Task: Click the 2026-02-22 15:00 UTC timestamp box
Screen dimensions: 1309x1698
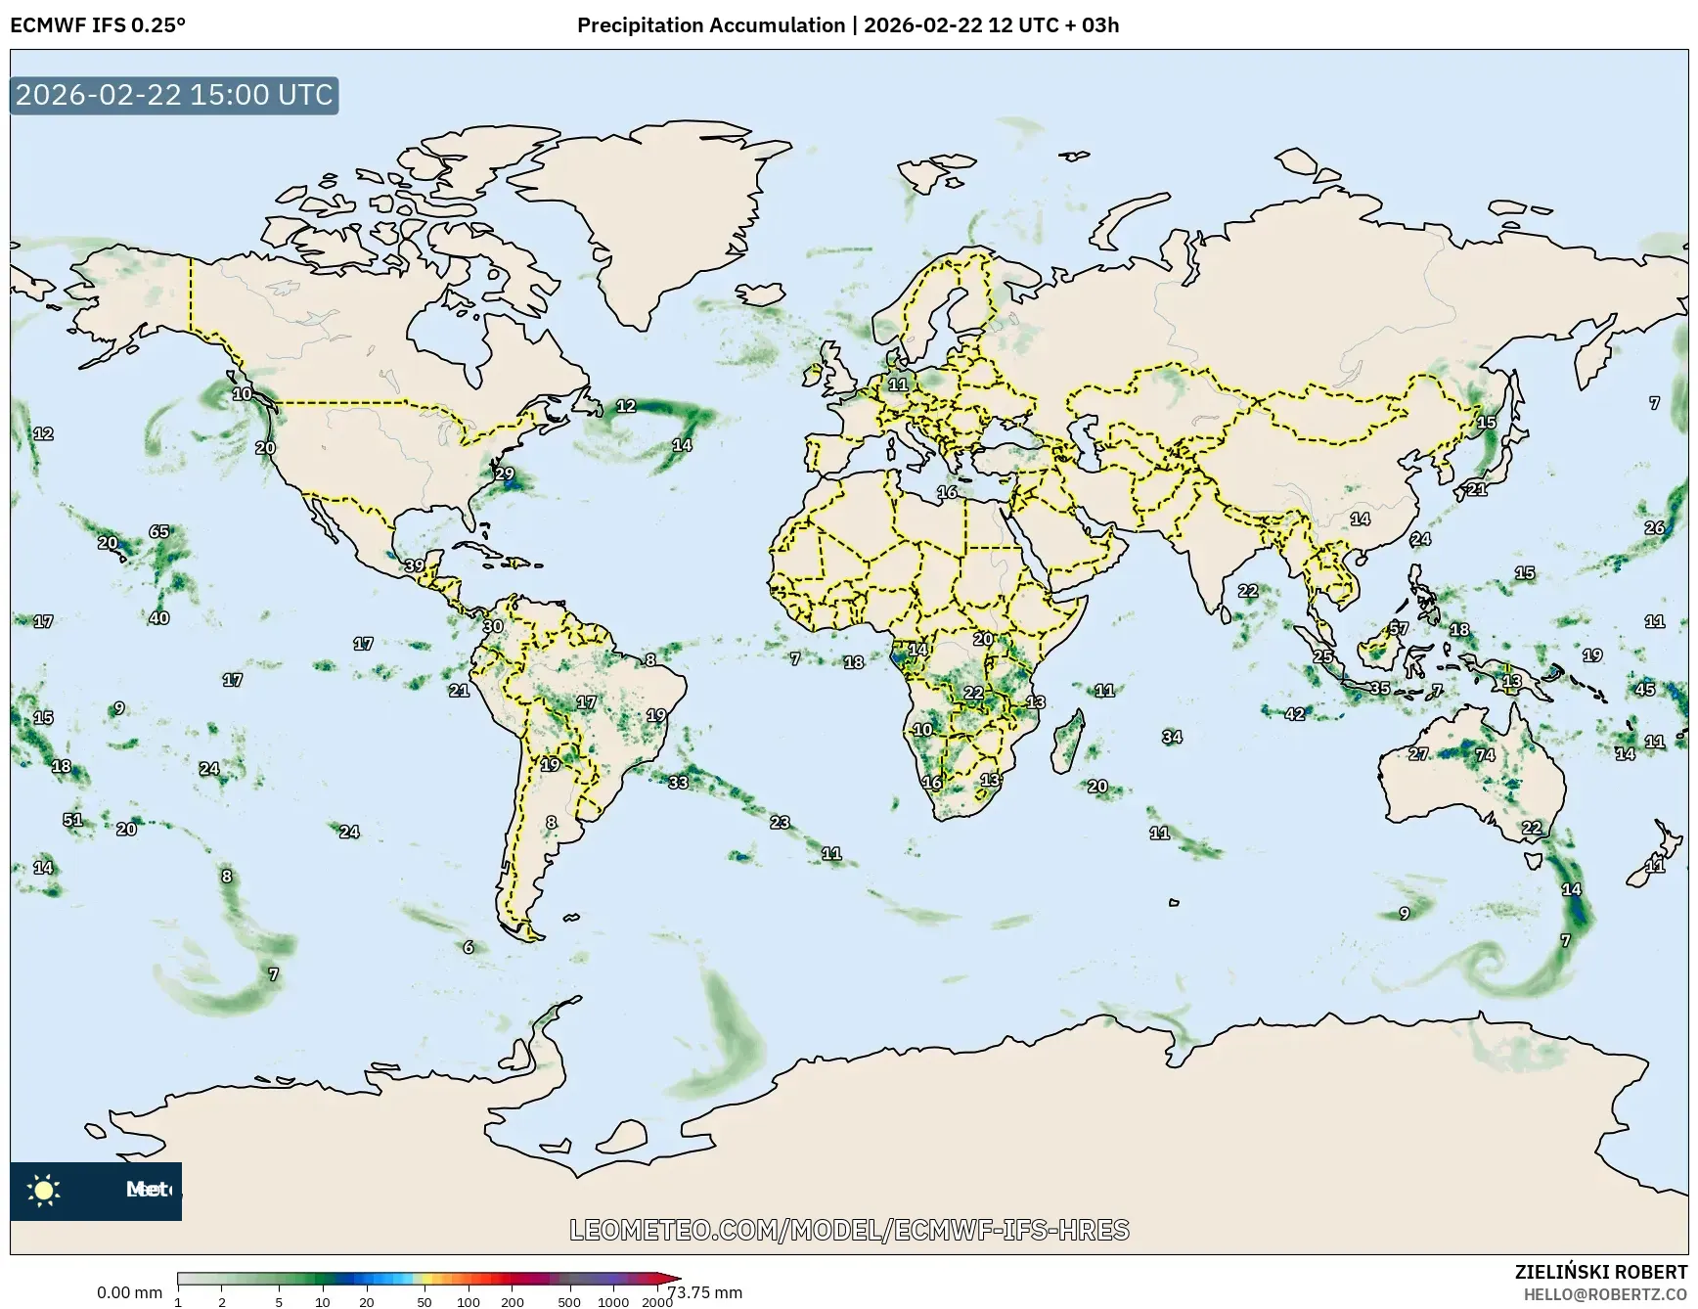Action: tap(174, 95)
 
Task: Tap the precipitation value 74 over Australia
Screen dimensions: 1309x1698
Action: tap(1485, 754)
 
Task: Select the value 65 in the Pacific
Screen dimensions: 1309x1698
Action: tap(159, 531)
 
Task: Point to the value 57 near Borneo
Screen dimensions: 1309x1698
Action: tap(1399, 628)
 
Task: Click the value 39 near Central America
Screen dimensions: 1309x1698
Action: tap(415, 565)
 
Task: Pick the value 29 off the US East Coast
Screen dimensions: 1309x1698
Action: tap(505, 474)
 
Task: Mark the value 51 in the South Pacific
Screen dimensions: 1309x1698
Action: tap(73, 820)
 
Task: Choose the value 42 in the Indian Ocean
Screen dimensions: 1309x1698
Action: tap(1295, 714)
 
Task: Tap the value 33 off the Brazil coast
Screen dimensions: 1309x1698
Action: tap(678, 782)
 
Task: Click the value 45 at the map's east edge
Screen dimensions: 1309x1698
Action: tap(1645, 689)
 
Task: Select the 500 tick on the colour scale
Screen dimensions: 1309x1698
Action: tap(568, 1301)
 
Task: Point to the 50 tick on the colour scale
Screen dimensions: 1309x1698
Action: tap(424, 1301)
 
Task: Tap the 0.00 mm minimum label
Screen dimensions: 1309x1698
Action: tap(129, 1292)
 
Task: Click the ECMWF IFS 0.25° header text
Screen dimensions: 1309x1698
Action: tap(98, 25)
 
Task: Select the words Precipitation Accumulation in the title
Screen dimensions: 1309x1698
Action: tap(711, 25)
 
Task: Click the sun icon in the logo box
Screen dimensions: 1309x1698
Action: tap(44, 1191)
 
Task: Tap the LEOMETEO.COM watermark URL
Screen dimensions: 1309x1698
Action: tap(849, 1230)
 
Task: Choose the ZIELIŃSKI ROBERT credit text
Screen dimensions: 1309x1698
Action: tap(1600, 1272)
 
